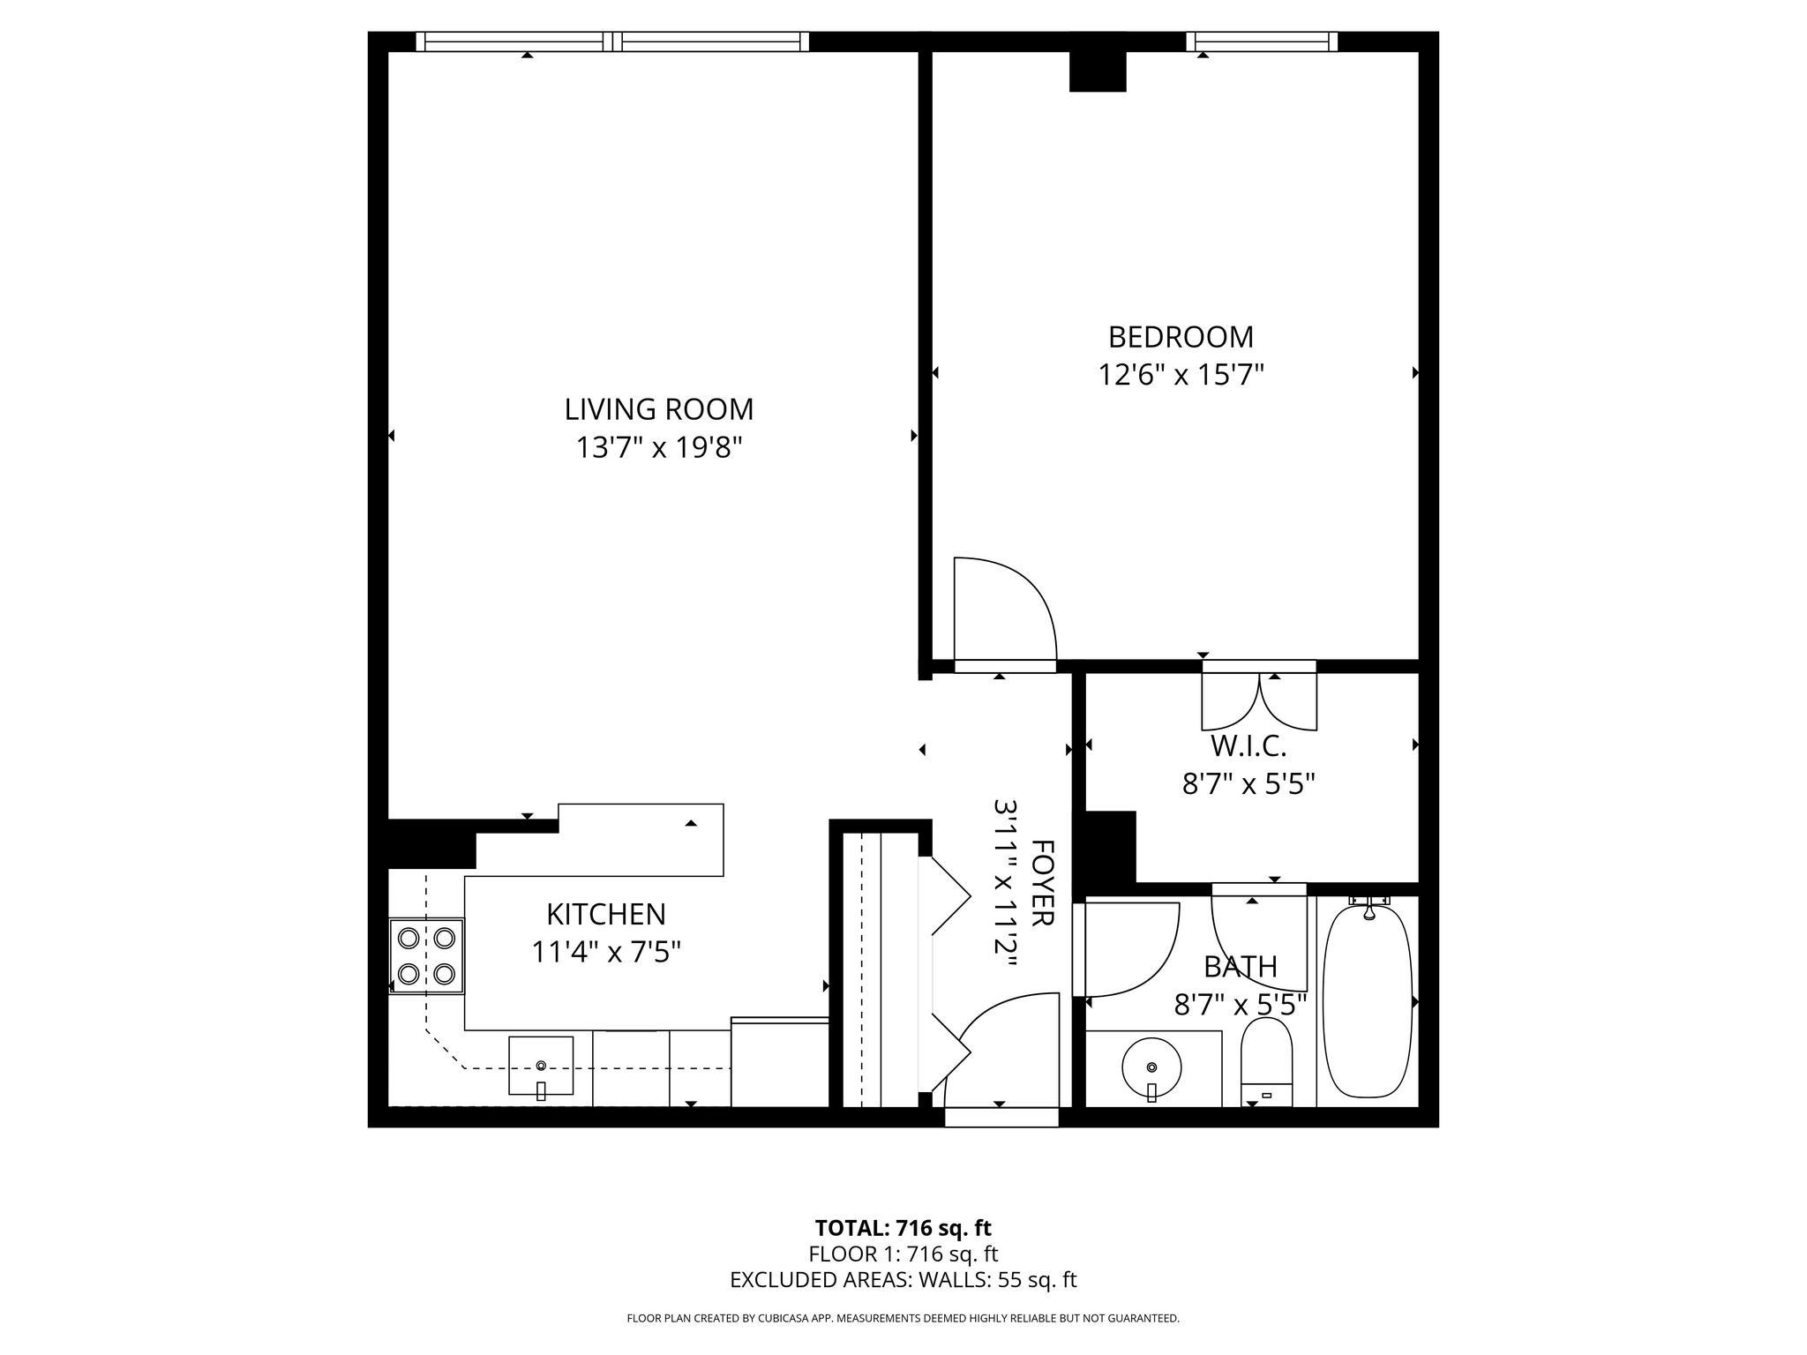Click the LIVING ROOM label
coord(659,409)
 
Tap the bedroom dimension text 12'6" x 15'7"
coord(1181,376)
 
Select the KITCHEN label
coord(605,914)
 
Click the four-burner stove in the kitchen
coord(427,955)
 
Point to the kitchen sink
coord(540,1066)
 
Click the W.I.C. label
coord(1248,746)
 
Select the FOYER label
coord(1042,882)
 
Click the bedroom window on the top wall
coord(1261,41)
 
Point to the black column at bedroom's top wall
coord(1098,71)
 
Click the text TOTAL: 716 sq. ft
coord(903,1228)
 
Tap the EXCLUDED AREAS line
coord(903,1280)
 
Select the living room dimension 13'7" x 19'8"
coord(659,448)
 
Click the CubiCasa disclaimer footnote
coord(903,1319)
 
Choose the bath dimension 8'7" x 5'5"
coord(1240,1006)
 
